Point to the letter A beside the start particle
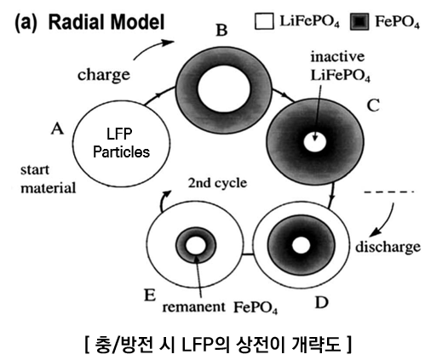58,129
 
